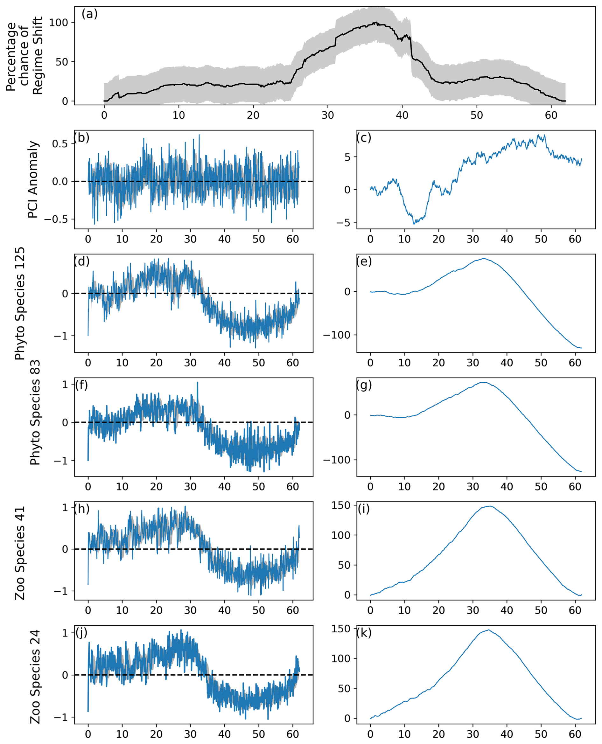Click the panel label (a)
[89, 14]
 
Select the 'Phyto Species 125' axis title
[20, 303]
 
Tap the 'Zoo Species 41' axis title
[20, 553]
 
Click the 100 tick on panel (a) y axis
[59, 23]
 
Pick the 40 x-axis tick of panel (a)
[402, 115]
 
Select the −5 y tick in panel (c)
[343, 222]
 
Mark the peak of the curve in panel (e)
[483, 259]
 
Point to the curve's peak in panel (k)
[489, 630]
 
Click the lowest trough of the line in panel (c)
[414, 224]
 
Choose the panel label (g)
[364, 385]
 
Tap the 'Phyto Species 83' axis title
[35, 413]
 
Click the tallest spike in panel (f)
[198, 382]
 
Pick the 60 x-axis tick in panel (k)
[575, 734]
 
